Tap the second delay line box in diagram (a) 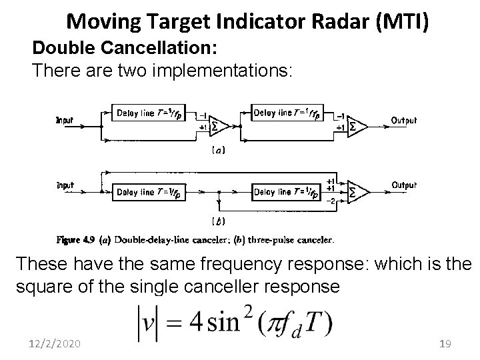[x=292, y=113]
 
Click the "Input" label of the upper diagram [x=65, y=121]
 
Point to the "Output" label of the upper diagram [x=403, y=121]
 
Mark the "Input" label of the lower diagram [x=65, y=185]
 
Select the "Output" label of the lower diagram [x=403, y=185]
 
